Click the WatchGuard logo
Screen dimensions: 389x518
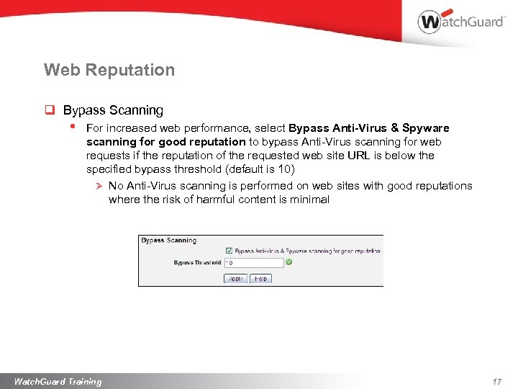[x=460, y=21]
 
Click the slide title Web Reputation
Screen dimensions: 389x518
[x=109, y=70]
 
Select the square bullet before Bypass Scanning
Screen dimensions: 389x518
[x=50, y=110]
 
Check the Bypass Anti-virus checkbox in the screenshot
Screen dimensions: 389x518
[x=229, y=251]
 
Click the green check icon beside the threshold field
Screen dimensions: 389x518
[x=288, y=262]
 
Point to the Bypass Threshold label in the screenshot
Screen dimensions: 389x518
[x=197, y=263]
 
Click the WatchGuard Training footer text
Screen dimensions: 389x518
[x=58, y=381]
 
